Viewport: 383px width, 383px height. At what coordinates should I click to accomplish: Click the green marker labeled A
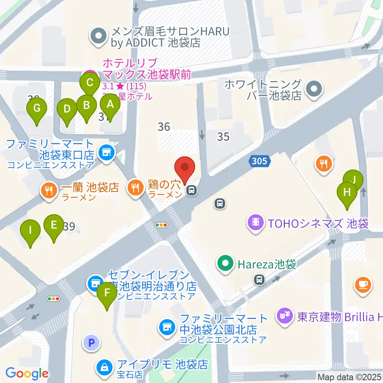(x=110, y=105)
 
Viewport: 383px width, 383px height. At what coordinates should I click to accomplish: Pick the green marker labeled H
(x=347, y=192)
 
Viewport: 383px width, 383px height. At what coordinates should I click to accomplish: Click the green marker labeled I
(x=31, y=231)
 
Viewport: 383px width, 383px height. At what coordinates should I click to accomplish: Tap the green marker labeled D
(x=67, y=109)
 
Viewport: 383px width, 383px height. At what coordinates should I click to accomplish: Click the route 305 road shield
(x=261, y=162)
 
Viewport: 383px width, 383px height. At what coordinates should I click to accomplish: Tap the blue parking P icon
(x=91, y=342)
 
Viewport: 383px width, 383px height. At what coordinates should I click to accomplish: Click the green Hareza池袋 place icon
(x=225, y=264)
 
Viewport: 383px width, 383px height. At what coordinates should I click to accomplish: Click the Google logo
(x=27, y=373)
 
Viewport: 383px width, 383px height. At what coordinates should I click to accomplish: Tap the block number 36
(x=164, y=127)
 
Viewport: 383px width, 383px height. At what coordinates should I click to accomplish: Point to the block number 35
(x=223, y=136)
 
